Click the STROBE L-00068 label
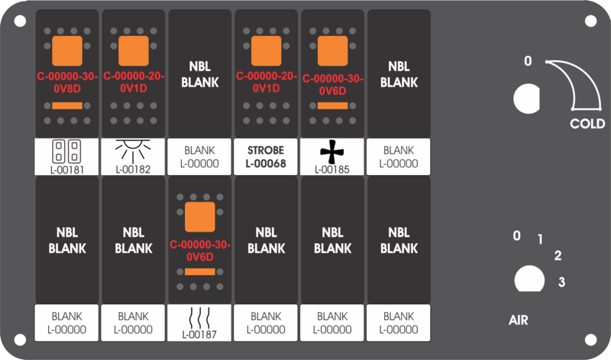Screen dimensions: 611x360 [266, 157]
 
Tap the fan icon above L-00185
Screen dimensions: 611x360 [332, 152]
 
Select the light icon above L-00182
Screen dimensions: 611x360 [133, 151]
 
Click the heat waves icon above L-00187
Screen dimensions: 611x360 [199, 318]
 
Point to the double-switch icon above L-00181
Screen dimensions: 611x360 [66, 151]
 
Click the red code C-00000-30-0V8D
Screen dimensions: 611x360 [67, 83]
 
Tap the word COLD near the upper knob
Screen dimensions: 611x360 [587, 124]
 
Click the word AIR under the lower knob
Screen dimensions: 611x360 [519, 320]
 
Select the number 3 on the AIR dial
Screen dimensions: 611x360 [561, 281]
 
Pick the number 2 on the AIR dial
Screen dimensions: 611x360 [558, 255]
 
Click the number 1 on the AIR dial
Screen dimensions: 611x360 [540, 239]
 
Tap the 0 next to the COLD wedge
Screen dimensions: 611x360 [528, 61]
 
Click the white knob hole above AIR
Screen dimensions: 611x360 [529, 279]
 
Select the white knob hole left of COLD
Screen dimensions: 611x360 [527, 99]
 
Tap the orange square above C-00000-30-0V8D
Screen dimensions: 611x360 [67, 50]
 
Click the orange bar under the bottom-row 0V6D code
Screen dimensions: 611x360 [200, 271]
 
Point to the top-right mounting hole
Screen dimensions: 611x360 [590, 21]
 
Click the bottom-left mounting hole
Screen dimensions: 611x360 [20, 339]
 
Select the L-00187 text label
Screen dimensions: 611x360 [199, 335]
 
